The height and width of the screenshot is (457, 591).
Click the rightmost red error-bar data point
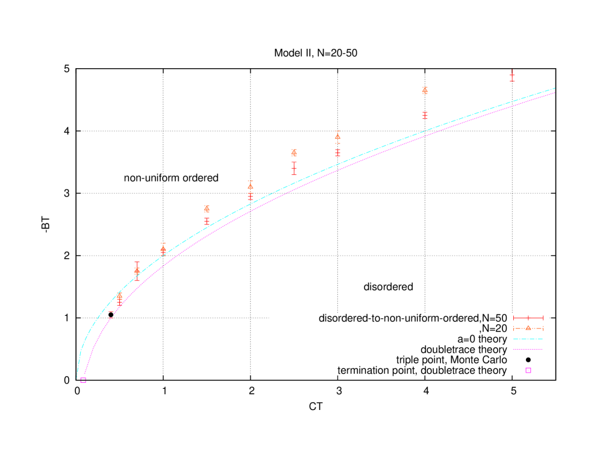[512, 76]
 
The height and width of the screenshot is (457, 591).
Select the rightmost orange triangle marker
[425, 90]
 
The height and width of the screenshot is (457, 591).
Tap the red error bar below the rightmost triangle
[425, 115]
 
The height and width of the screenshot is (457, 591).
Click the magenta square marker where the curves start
[83, 380]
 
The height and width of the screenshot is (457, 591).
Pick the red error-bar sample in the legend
[528, 318]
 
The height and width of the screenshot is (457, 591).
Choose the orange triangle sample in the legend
[528, 328]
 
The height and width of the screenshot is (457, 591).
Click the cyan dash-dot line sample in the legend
[528, 339]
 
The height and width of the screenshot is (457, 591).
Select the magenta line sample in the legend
[528, 349]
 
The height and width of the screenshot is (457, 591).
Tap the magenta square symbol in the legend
[528, 370]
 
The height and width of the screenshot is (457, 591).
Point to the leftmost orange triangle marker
[119, 295]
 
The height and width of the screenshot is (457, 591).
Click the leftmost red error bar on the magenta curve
[111, 315]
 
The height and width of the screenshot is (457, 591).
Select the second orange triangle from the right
[337, 137]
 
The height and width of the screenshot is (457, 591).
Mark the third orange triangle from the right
[294, 153]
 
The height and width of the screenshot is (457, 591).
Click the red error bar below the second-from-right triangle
[337, 153]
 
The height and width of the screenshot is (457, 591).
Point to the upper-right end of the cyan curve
[554, 89]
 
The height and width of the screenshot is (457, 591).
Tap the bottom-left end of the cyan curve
[77, 377]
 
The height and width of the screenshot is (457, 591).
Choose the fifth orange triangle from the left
[251, 186]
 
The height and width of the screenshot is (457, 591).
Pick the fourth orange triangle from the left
[207, 209]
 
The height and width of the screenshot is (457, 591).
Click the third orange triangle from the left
[163, 248]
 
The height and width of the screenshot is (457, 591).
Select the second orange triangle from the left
[137, 270]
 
